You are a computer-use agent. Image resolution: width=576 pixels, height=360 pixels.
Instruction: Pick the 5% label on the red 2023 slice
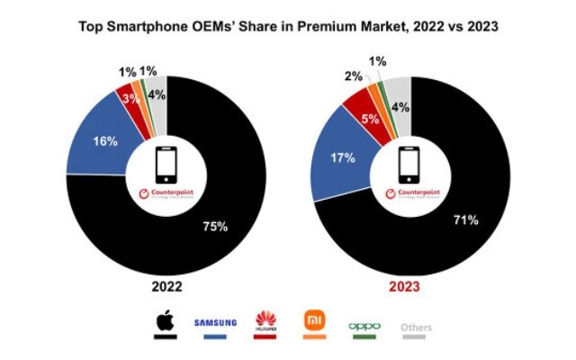369,117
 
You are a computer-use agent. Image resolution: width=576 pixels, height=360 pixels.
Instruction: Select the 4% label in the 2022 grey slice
155,94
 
